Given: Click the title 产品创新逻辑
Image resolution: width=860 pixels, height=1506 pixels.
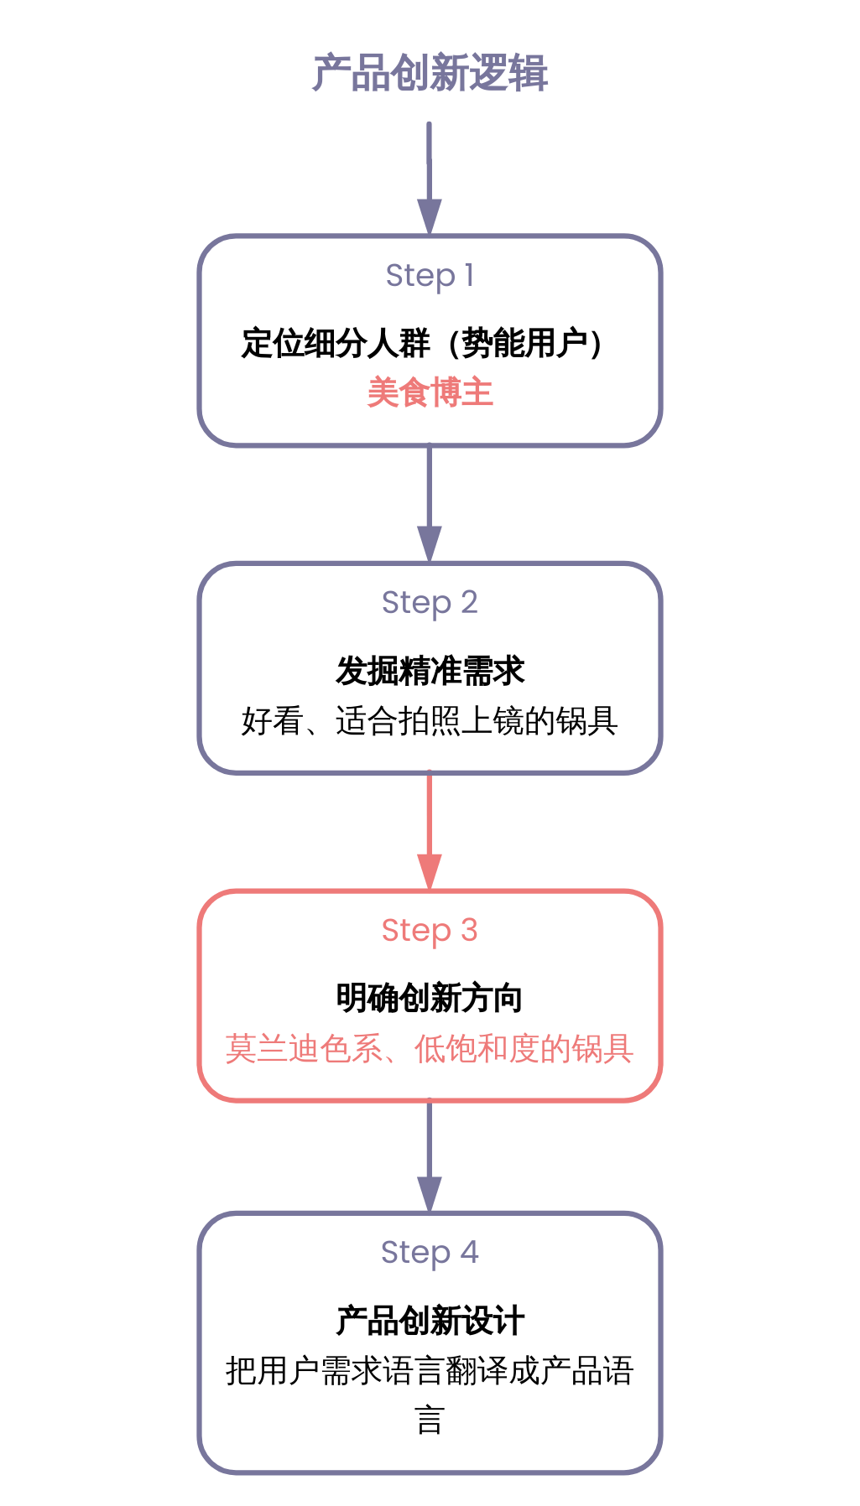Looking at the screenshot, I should click(x=430, y=74).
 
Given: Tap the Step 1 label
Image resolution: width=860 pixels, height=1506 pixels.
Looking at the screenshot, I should click(x=430, y=275).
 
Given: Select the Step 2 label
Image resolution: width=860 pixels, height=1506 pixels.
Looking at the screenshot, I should click(x=430, y=602).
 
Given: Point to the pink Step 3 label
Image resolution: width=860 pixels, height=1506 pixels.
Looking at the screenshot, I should click(x=430, y=930).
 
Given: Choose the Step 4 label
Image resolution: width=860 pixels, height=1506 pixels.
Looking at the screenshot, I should click(x=430, y=1252).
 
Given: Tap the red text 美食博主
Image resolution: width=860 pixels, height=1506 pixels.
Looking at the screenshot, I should click(x=430, y=392).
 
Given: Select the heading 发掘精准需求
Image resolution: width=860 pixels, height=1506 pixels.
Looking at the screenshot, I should click(x=430, y=671).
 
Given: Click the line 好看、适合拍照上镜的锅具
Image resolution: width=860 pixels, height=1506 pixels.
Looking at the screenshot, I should click(x=430, y=721).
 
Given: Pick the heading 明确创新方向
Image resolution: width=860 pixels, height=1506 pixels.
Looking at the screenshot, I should click(x=430, y=999).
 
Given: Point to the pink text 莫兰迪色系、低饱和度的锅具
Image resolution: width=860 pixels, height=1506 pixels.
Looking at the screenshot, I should click(x=430, y=1049).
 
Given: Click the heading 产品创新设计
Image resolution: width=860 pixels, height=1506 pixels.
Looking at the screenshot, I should click(x=430, y=1321).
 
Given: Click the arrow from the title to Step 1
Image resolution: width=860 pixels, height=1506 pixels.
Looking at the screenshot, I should click(x=430, y=176).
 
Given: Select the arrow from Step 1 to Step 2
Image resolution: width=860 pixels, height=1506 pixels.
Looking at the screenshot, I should click(x=430, y=503).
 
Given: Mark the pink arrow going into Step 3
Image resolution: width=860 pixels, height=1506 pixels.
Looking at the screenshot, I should click(x=430, y=830).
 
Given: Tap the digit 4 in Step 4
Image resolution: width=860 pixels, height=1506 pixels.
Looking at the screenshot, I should click(x=470, y=1252).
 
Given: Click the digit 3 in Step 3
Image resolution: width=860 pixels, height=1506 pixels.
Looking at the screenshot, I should click(x=469, y=930).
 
